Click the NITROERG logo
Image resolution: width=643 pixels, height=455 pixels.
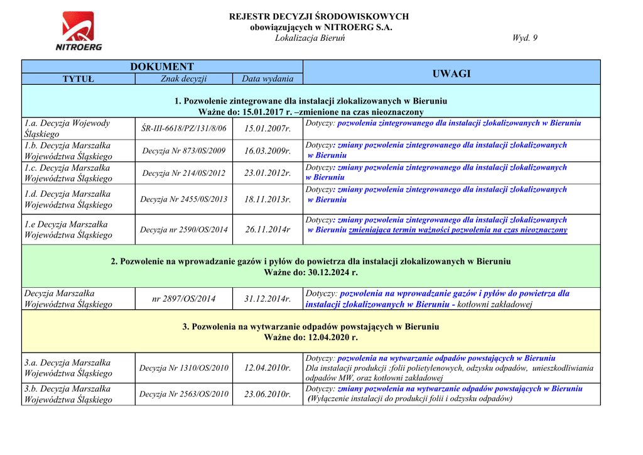(78, 31)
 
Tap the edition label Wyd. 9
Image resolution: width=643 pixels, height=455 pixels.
(524, 38)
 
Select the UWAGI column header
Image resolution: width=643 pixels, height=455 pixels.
(451, 74)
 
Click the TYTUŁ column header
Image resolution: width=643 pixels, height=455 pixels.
(78, 79)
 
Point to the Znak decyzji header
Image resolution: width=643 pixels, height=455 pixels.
(183, 79)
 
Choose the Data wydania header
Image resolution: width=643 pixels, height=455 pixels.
(267, 79)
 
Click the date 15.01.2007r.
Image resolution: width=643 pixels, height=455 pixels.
(267, 128)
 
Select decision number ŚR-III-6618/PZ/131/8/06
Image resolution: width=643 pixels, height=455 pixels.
(183, 128)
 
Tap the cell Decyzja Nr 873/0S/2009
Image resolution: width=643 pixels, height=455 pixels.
(183, 151)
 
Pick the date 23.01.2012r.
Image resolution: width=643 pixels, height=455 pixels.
(267, 173)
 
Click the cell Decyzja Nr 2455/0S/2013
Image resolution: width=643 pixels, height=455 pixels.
(183, 199)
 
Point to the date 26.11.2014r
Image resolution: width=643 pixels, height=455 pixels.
(267, 229)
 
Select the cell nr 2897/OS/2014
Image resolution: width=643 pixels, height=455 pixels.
(183, 299)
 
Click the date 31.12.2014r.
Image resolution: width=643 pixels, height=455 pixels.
(267, 299)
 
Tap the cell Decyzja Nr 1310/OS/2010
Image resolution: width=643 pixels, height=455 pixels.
(183, 368)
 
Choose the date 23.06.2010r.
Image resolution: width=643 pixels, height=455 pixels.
(267, 394)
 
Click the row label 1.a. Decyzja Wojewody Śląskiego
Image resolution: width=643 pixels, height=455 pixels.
(67, 128)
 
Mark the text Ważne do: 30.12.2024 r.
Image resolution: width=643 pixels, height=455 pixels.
(311, 272)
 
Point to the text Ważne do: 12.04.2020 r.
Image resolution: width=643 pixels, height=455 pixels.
(311, 337)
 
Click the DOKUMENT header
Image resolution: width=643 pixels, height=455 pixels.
(162, 67)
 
